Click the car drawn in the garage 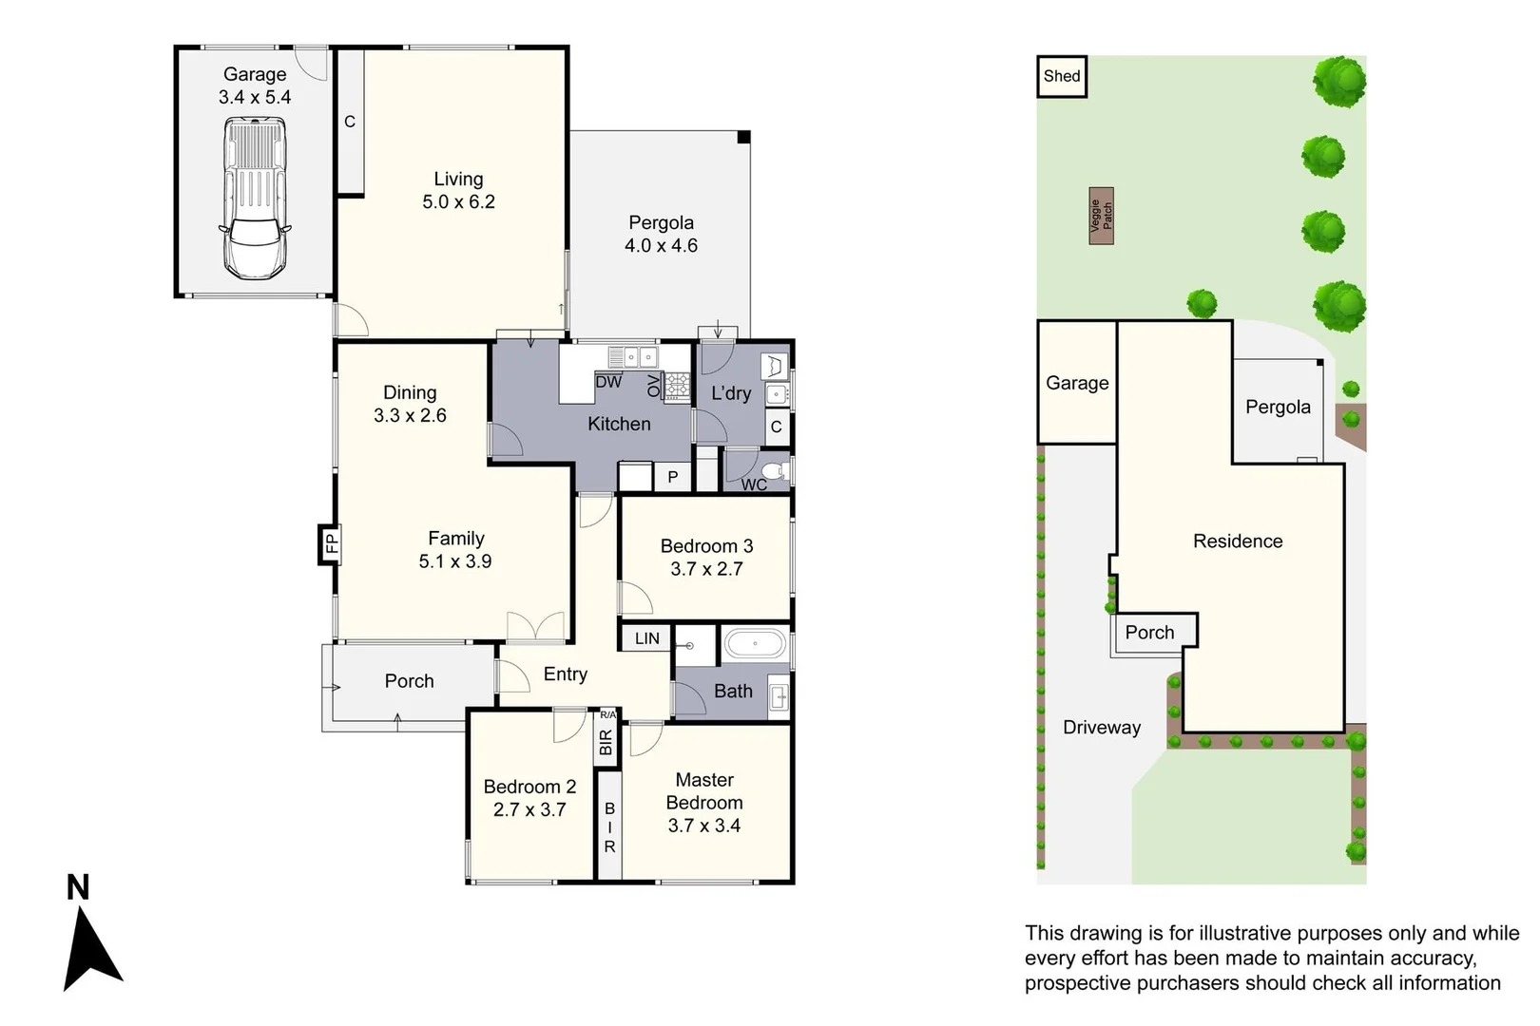(x=255, y=198)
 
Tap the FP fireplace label (x=332, y=543)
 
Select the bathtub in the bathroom (x=755, y=645)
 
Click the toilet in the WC (x=776, y=471)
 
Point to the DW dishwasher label (x=608, y=382)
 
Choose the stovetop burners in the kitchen (x=677, y=387)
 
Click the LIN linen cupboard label (x=647, y=638)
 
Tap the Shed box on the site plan (x=1062, y=76)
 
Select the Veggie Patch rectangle (x=1102, y=216)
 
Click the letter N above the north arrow (x=78, y=887)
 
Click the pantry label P (x=672, y=476)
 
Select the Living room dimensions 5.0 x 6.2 (x=458, y=202)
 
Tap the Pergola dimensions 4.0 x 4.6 (x=661, y=245)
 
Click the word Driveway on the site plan (x=1102, y=727)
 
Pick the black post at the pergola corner (x=743, y=138)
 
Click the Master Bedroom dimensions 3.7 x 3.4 (x=704, y=826)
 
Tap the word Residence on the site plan (x=1238, y=541)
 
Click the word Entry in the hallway (x=565, y=674)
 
